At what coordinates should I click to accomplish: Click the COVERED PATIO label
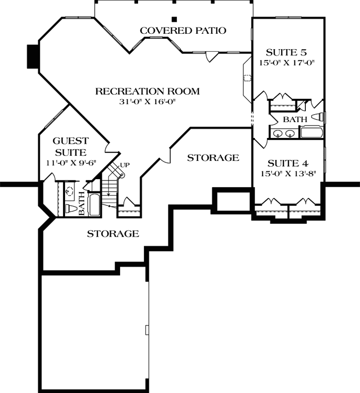[183, 31]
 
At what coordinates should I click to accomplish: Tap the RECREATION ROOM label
[147, 91]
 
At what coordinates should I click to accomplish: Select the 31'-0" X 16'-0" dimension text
[147, 102]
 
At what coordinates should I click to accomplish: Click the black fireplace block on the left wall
[33, 57]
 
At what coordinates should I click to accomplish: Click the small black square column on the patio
[174, 20]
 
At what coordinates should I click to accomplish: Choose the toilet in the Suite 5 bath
[319, 117]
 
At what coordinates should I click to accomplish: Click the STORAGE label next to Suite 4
[213, 158]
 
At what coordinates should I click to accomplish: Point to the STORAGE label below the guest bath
[113, 233]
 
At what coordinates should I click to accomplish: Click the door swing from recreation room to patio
[211, 56]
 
